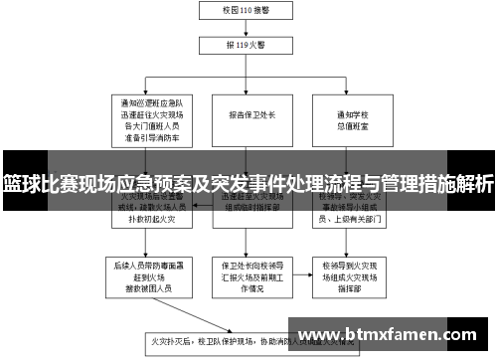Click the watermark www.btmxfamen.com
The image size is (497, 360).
tap(387, 334)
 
